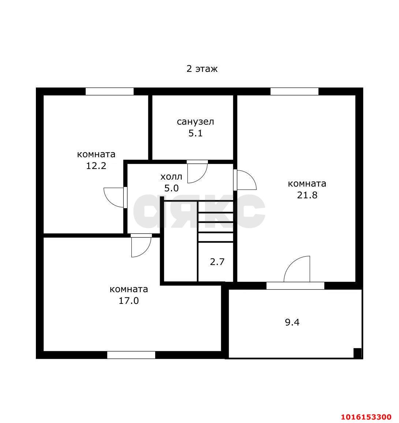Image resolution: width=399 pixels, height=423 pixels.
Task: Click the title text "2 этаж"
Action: pyautogui.click(x=202, y=69)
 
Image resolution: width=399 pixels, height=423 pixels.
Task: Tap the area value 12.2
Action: pyautogui.click(x=96, y=166)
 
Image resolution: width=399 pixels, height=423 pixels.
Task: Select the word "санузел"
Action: pyautogui.click(x=195, y=122)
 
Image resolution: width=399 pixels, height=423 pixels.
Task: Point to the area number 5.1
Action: pyautogui.click(x=195, y=133)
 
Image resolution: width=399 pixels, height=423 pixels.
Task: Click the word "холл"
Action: pyautogui.click(x=171, y=177)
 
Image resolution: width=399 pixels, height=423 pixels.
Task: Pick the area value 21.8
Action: pyautogui.click(x=307, y=195)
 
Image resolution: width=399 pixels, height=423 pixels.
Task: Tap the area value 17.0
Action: pyautogui.click(x=129, y=301)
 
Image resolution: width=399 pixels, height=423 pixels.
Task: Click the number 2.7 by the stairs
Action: pyautogui.click(x=217, y=262)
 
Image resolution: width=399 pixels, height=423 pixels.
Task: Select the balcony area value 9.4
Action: pyautogui.click(x=292, y=322)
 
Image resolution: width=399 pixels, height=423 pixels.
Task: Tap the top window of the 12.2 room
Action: pyautogui.click(x=110, y=91)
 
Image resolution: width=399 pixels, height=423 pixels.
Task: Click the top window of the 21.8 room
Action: pyautogui.click(x=294, y=91)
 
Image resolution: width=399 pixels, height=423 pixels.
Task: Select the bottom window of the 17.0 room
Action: pyautogui.click(x=131, y=355)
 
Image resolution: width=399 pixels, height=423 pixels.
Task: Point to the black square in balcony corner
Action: pyautogui.click(x=357, y=353)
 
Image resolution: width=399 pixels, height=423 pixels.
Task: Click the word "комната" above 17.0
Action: pyautogui.click(x=129, y=289)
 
